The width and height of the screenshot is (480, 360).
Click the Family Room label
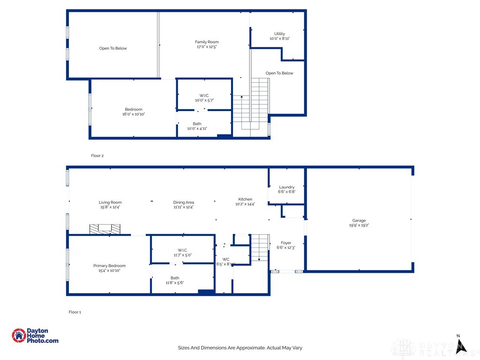pyautogui.click(x=207, y=42)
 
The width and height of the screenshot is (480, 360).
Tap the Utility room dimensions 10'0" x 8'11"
pyautogui.click(x=279, y=38)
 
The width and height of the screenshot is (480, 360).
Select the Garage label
pyautogui.click(x=359, y=220)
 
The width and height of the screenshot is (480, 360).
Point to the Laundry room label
pyautogui.click(x=286, y=187)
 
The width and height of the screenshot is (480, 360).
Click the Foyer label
pyautogui.click(x=286, y=243)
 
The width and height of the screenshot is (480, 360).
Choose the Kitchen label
pyautogui.click(x=245, y=199)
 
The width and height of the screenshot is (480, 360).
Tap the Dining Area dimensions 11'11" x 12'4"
pyautogui.click(x=183, y=207)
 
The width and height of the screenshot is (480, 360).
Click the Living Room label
pyautogui.click(x=110, y=202)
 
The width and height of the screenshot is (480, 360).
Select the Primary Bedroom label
pyautogui.click(x=109, y=266)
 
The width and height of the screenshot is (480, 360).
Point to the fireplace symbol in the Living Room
pyautogui.click(x=105, y=229)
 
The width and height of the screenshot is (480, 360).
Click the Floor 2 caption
pyautogui.click(x=97, y=155)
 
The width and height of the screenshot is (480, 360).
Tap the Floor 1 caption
pyautogui.click(x=75, y=312)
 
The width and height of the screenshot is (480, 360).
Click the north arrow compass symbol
pyautogui.click(x=461, y=344)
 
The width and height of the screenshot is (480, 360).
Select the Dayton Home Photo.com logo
pyautogui.click(x=35, y=336)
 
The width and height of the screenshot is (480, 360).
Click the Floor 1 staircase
pyautogui.click(x=259, y=248)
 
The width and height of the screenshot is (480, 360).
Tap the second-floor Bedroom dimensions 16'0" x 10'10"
pyautogui.click(x=134, y=114)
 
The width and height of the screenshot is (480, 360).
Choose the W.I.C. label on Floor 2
pyautogui.click(x=204, y=96)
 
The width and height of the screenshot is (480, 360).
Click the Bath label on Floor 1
pyautogui.click(x=174, y=278)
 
